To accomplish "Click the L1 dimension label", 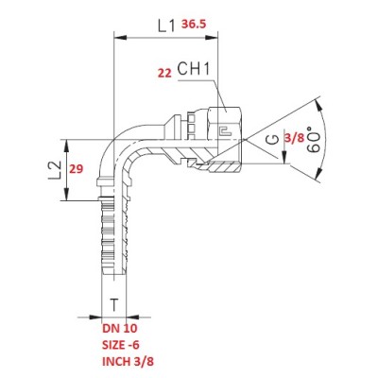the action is coord(166,26).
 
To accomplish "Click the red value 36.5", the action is coord(194,25).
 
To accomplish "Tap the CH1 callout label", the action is coord(194,69).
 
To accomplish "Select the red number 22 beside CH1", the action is coord(164,73).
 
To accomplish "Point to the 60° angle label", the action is coord(314,140).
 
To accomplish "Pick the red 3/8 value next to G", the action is coord(294,138).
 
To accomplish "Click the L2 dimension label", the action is coord(55,170).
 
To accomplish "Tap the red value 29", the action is coord(76,169).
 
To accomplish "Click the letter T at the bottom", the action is coord(114,305).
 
